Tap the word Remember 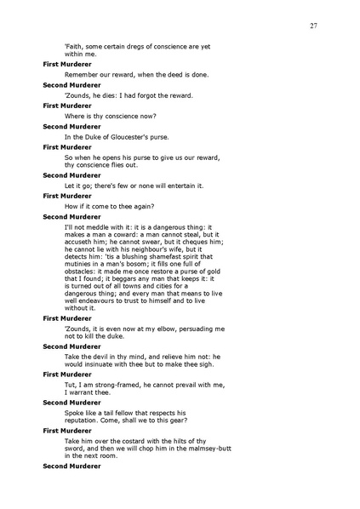point(82,74)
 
